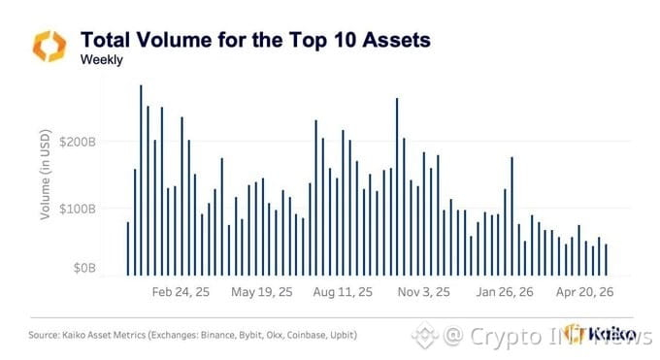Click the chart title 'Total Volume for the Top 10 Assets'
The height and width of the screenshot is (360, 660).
point(255,41)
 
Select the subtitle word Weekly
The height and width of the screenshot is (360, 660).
point(102,60)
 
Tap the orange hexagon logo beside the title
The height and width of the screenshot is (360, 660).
point(49,46)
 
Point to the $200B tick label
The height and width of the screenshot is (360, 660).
point(78,142)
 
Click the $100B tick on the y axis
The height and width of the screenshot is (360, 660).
point(78,209)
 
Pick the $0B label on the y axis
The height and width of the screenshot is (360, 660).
point(84,268)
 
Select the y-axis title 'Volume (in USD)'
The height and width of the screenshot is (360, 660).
point(45,175)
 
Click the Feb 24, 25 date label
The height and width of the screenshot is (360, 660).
point(181,292)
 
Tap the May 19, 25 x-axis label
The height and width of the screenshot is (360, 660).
point(262,292)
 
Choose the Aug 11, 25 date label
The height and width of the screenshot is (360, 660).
point(343,292)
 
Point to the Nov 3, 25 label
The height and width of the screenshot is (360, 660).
point(423,292)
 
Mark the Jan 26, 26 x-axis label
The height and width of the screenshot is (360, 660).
point(505,292)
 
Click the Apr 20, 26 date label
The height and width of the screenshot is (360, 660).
point(584,292)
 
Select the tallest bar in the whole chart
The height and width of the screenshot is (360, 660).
point(141,180)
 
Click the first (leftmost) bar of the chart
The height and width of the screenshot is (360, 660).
point(128,248)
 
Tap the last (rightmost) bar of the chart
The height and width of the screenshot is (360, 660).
point(606,260)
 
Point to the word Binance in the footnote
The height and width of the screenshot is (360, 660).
point(217,335)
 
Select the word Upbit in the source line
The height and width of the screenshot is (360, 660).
point(343,336)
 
